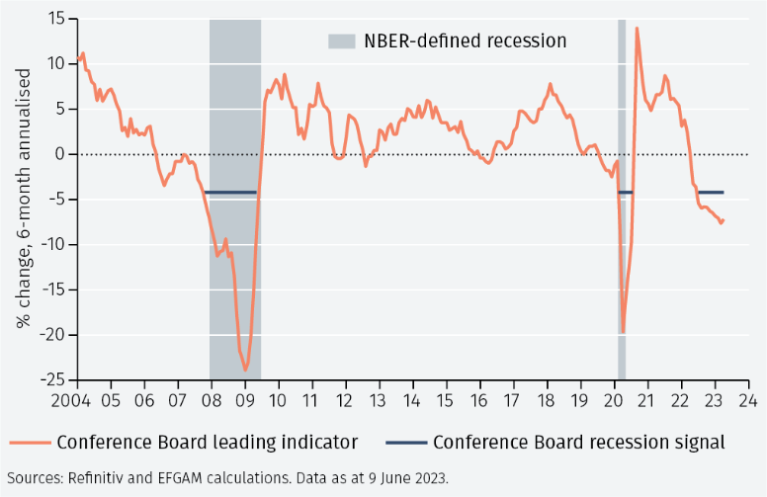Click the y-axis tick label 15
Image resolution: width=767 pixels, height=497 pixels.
[x=56, y=19]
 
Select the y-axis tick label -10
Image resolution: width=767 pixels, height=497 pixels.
[x=52, y=245]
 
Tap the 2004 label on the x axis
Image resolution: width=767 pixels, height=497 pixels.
[x=71, y=400]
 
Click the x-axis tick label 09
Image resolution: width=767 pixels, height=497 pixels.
[x=244, y=400]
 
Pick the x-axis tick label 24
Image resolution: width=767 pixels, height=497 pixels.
[x=748, y=400]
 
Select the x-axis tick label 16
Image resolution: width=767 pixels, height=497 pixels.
[x=479, y=400]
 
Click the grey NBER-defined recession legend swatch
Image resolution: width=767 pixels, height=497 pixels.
[x=341, y=41]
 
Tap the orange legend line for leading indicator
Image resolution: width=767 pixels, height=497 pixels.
[x=30, y=443]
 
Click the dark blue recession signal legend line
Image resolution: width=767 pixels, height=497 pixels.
[x=406, y=443]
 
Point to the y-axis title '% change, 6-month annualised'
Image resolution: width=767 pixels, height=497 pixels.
[x=24, y=199]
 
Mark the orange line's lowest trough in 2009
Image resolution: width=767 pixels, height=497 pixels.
[x=245, y=371]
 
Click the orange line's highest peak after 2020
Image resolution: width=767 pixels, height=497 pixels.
[x=637, y=29]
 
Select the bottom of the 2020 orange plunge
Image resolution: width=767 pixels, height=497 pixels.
[x=623, y=333]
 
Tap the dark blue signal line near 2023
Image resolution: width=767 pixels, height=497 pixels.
[x=711, y=193]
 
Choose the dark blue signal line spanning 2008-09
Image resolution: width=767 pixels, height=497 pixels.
[x=230, y=193]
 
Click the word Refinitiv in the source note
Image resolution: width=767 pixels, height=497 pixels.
[x=96, y=478]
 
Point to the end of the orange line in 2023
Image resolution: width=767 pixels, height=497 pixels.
[x=723, y=220]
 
